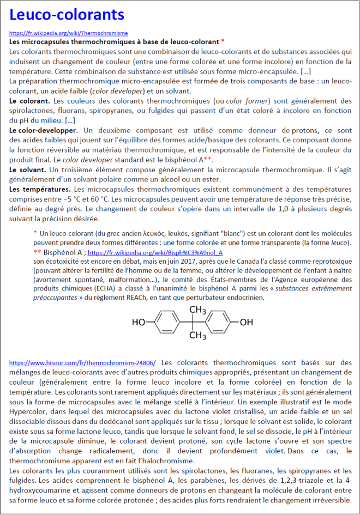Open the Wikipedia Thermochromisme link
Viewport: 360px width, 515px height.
(69, 33)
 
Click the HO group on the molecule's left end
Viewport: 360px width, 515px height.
(139, 322)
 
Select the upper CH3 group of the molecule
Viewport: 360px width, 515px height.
(197, 310)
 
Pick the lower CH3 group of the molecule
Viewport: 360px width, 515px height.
(197, 335)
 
